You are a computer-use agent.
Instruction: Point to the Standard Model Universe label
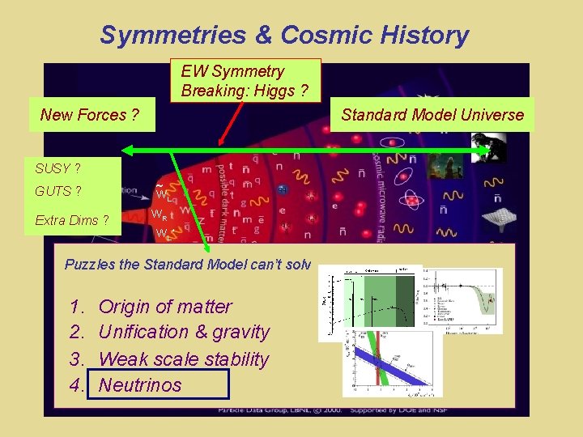pos(432,115)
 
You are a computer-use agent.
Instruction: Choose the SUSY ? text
pos(57,168)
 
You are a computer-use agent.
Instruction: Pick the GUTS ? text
pos(57,191)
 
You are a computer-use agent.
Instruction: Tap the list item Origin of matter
pos(164,306)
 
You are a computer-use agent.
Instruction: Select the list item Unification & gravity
pos(184,332)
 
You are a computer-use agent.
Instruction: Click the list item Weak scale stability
pos(184,359)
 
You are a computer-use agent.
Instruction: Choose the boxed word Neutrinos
pos(140,384)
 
